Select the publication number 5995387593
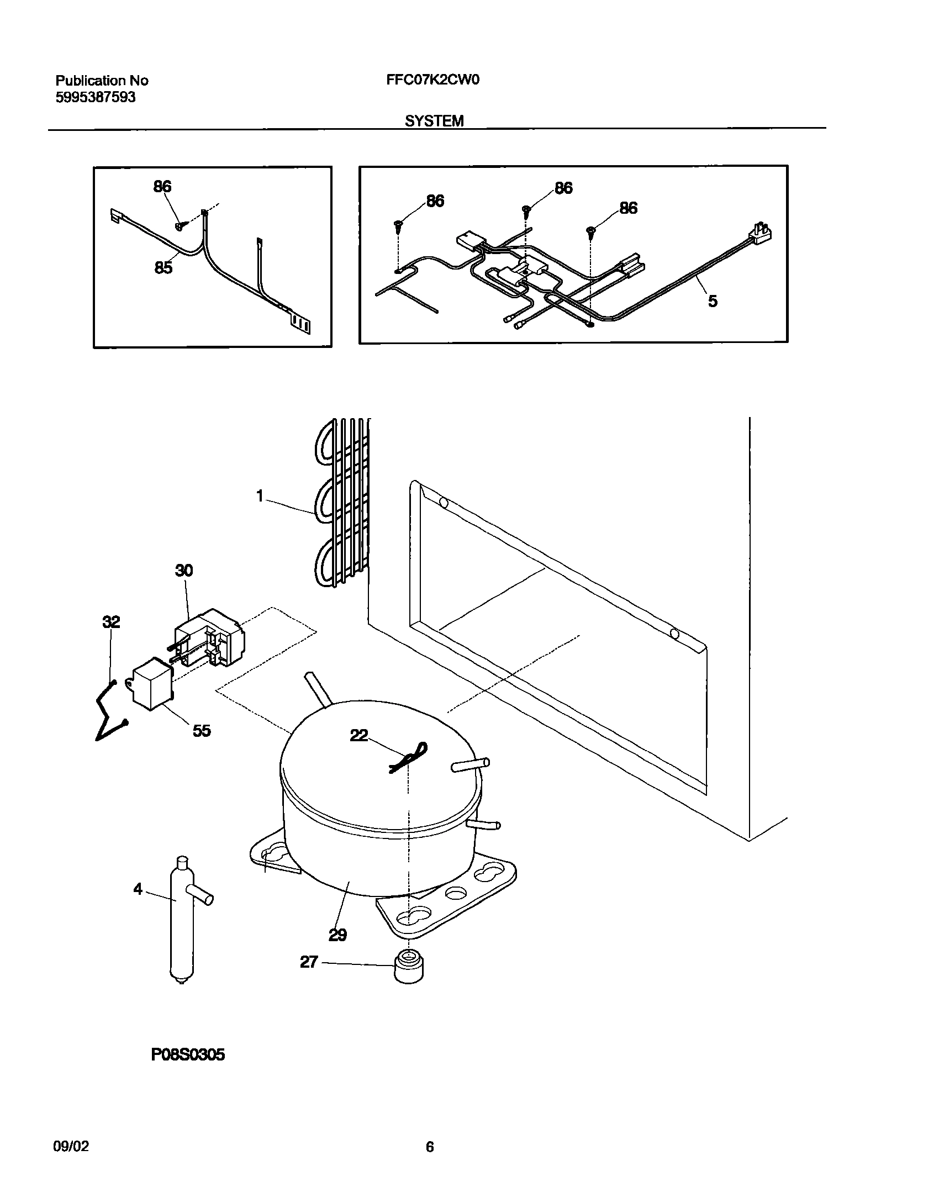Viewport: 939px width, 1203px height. coord(96,98)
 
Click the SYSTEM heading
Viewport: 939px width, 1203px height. coord(434,122)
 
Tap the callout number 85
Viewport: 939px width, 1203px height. coord(163,268)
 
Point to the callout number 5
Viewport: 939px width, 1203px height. coord(713,301)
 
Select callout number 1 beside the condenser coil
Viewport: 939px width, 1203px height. coord(260,497)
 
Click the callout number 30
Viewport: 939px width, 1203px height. coord(184,570)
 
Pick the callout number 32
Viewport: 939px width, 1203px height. coord(111,622)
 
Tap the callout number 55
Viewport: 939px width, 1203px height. coord(202,731)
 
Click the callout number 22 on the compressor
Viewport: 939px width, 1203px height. coord(359,735)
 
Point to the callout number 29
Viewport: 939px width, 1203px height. coord(337,935)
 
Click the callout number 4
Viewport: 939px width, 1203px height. coord(138,889)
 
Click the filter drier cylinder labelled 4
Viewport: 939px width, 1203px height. coord(181,928)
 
